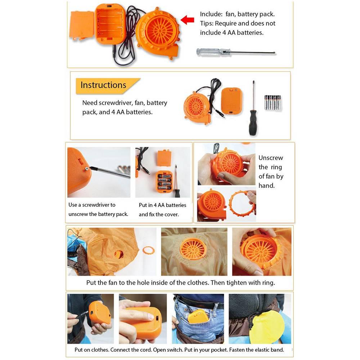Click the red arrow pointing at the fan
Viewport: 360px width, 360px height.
(187, 20)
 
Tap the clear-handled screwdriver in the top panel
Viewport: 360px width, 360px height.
(236, 52)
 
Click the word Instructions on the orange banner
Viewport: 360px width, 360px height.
(103, 85)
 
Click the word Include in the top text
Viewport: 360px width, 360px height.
(211, 14)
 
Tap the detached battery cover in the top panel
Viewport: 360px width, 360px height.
(82, 26)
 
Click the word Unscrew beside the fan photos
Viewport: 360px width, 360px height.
(271, 158)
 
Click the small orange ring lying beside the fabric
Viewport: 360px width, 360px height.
(149, 250)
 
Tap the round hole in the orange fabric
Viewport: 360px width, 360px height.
(119, 254)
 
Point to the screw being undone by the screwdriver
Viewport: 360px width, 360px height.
(87, 169)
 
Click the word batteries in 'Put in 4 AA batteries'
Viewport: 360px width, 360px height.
(176, 205)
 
